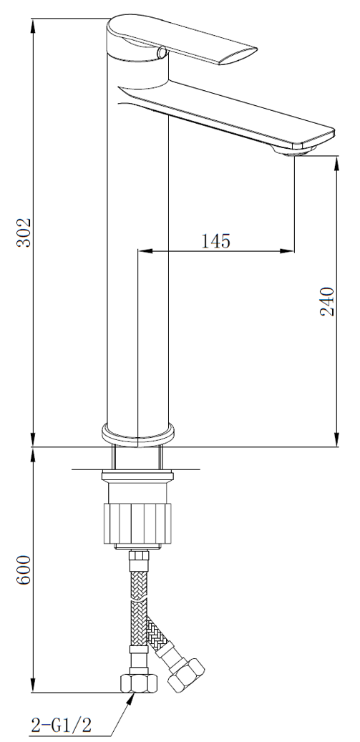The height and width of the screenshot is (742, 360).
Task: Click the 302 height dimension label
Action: pyautogui.click(x=24, y=233)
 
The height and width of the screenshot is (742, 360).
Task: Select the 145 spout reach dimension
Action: pyautogui.click(x=216, y=241)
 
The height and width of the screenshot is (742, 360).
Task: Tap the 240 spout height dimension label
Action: pyautogui.click(x=327, y=301)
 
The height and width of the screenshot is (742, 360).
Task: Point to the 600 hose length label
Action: pyautogui.click(x=24, y=570)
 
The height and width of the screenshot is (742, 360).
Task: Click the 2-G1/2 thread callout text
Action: pyautogui.click(x=61, y=724)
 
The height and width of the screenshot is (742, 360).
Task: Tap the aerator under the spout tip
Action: pyautogui.click(x=294, y=150)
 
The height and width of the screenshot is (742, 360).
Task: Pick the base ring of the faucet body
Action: pyautogui.click(x=137, y=434)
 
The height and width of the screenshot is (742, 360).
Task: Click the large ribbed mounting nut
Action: pyautogui.click(x=137, y=524)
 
